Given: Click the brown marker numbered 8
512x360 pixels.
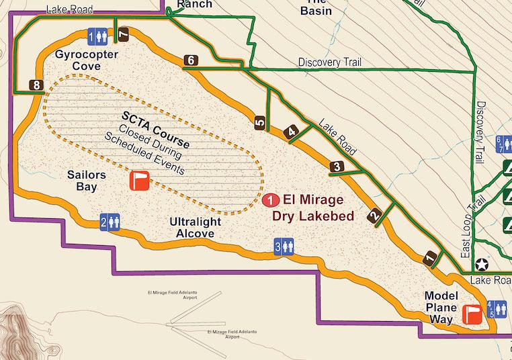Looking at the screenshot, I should tap(36, 85).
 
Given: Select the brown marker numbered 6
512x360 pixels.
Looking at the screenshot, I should tap(191, 61).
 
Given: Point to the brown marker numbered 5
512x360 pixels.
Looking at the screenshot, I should tap(260, 122).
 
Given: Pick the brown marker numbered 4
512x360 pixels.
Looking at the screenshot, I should tap(291, 132).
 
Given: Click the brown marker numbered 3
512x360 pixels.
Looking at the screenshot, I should tap(337, 166).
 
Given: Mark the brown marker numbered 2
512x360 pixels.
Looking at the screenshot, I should tap(374, 216).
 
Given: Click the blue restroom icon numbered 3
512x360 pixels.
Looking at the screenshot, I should tap(284, 246).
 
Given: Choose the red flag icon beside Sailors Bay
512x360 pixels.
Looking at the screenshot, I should tap(140, 181).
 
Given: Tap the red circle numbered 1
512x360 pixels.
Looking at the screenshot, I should tap(271, 200).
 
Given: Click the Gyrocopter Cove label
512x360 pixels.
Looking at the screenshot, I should tap(78, 60).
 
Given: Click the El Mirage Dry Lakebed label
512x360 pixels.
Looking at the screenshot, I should tap(312, 208).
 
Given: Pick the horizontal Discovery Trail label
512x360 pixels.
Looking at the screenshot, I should tap(329, 62).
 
